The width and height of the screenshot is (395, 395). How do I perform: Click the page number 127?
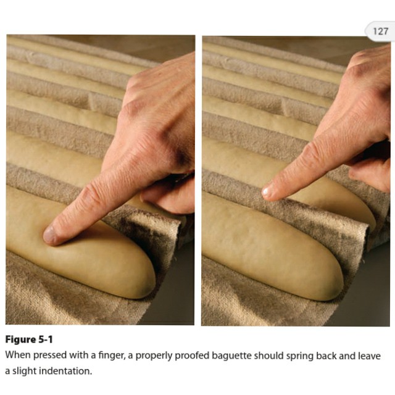(380, 31)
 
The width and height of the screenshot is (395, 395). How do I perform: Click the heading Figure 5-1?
(29, 339)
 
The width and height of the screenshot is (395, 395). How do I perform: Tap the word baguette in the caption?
(231, 355)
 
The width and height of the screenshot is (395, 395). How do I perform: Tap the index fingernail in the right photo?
(267, 192)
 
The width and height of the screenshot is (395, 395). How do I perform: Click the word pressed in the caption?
(50, 355)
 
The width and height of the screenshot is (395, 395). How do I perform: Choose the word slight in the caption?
(25, 371)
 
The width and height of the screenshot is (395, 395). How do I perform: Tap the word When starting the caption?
(18, 355)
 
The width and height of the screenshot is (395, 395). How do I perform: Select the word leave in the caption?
(369, 355)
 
